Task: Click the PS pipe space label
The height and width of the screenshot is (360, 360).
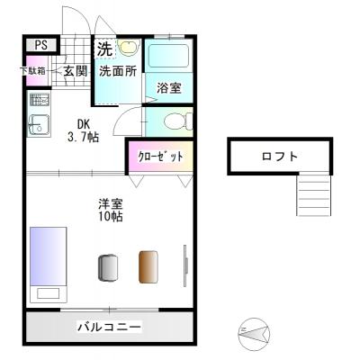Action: tap(41, 45)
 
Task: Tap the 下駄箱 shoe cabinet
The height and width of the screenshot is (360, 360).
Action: tap(37, 71)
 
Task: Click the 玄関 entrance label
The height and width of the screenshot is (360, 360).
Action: tap(75, 71)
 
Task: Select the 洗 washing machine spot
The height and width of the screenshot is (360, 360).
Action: tap(105, 49)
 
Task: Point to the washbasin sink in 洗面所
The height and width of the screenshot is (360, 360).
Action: tap(129, 47)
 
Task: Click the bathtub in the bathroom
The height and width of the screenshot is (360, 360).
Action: tap(168, 58)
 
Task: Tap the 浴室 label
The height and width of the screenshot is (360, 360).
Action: tap(169, 88)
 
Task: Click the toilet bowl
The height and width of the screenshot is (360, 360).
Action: tap(178, 121)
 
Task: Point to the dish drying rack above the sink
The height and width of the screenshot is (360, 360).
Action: tap(40, 100)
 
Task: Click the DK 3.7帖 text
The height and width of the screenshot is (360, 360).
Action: tap(83, 130)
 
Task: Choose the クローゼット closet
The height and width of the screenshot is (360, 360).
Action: tap(161, 157)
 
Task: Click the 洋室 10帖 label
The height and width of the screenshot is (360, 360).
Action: tap(111, 210)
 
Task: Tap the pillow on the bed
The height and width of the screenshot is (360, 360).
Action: tap(48, 292)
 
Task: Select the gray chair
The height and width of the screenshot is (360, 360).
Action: tap(108, 267)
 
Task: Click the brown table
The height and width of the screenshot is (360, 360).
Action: tap(148, 266)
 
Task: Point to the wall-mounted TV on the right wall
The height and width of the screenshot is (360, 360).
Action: tap(185, 265)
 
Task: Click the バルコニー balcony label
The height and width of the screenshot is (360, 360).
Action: tap(109, 327)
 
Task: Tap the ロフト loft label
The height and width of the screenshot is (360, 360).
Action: tap(280, 157)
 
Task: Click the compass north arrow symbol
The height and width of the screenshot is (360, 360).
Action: tap(254, 335)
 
